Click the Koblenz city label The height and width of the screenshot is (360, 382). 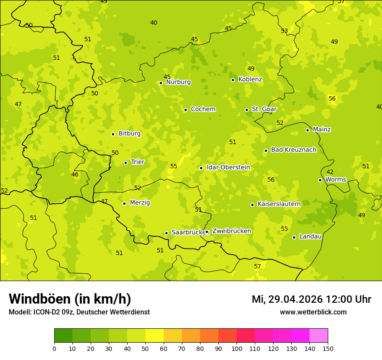point(250,79)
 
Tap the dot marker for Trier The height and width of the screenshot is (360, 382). point(125,163)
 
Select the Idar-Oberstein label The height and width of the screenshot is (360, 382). point(228,167)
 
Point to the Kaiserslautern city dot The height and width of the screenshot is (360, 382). point(252,205)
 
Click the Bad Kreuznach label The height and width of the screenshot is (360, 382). point(293,150)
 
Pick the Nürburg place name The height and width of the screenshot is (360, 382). point(178,82)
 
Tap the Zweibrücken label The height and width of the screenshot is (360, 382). point(231,231)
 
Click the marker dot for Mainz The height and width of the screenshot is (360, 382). point(307,130)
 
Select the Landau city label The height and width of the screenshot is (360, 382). point(310,236)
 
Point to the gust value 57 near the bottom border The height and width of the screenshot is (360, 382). point(257,266)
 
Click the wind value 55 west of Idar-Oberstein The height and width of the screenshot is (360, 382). point(174,166)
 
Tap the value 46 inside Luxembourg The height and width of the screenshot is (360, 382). point(75,174)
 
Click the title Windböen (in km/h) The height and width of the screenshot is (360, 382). point(70,299)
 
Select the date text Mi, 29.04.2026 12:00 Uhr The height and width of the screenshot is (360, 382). point(311,299)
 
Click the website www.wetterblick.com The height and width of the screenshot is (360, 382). point(313,312)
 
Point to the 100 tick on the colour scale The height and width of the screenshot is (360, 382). point(237,348)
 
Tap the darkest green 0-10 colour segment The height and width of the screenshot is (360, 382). point(63,336)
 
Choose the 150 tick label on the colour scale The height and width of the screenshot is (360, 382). point(328,348)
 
